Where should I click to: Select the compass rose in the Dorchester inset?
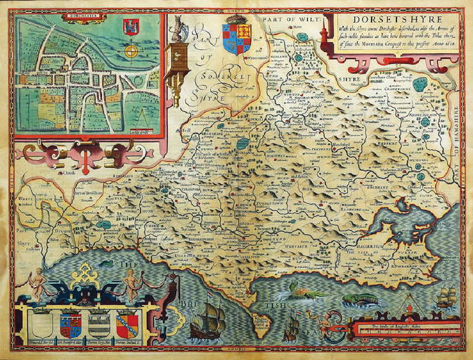[x=130, y=51]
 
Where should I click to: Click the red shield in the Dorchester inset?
[x=129, y=27]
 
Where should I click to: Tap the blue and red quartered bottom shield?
[x=70, y=325]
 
